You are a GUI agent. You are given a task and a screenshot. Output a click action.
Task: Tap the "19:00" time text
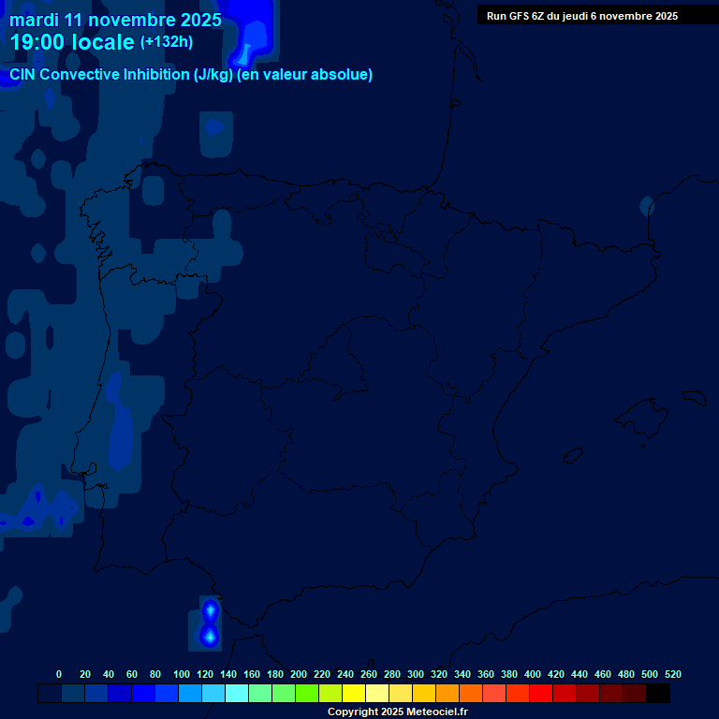coord(38,42)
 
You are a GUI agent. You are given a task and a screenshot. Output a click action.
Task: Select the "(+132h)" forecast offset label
coord(166,42)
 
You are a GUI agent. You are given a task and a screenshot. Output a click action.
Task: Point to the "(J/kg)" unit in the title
coord(213,75)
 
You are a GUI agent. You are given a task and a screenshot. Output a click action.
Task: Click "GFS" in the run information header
coord(518,16)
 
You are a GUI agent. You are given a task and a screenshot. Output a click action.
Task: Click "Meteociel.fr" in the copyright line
coord(433,712)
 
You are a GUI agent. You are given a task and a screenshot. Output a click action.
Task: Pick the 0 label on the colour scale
coord(59,674)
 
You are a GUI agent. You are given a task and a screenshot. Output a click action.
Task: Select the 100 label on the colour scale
coord(182,674)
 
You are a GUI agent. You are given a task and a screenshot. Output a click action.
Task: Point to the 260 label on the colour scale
coord(369,674)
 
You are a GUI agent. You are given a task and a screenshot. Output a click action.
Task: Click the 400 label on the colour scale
coord(533,674)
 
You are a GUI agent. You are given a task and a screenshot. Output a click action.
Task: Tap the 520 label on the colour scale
coord(673,674)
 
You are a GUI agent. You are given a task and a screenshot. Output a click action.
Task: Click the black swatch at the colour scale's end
coord(658,693)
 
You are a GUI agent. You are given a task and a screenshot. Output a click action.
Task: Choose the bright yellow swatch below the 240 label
coord(354,693)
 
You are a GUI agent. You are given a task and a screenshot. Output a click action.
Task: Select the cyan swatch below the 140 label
coord(237,693)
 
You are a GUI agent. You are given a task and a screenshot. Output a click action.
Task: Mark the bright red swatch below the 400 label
coord(541,693)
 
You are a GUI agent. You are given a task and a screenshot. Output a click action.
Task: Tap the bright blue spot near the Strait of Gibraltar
coord(210,636)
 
